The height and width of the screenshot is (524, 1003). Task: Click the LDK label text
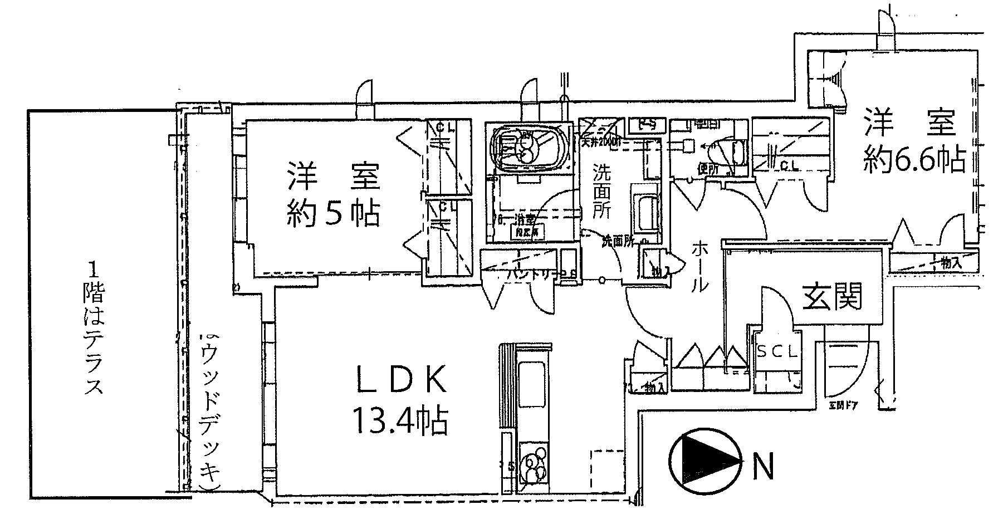click(x=400, y=381)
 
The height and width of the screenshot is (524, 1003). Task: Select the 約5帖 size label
click(x=334, y=213)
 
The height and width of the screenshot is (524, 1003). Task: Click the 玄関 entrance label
click(x=832, y=296)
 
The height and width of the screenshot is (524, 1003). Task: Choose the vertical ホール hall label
click(x=700, y=267)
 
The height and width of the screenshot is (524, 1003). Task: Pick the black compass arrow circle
click(x=706, y=459)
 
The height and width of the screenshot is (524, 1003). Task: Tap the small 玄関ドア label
click(x=842, y=405)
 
